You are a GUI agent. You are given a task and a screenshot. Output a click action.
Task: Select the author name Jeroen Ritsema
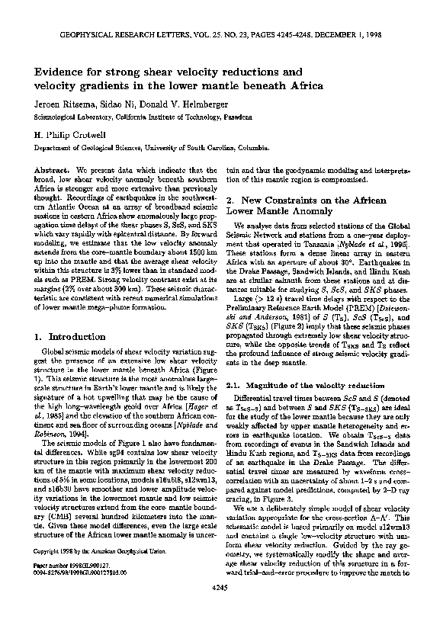[x=63, y=104]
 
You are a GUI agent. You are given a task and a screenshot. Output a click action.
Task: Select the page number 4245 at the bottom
[x=221, y=608]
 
